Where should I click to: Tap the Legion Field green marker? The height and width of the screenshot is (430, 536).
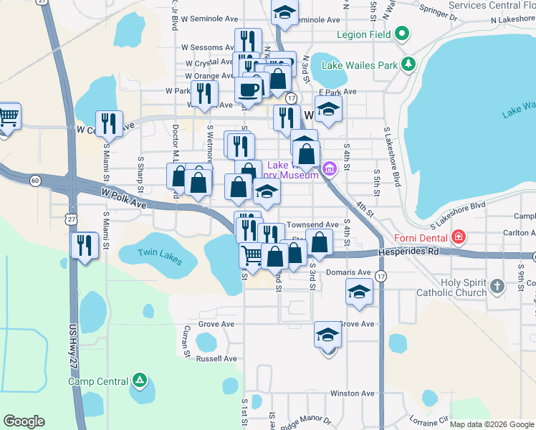coord(403,33)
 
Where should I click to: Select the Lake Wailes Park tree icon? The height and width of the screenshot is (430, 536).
coord(408,65)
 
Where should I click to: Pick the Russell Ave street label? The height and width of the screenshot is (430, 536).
coord(216,358)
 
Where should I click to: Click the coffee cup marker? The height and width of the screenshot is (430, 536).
coord(249,89)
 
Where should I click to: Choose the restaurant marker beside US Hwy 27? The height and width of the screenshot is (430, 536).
coord(85,245)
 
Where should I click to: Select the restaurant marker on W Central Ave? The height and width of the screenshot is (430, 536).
coord(109,123)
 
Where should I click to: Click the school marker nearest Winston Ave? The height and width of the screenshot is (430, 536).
coord(327,335)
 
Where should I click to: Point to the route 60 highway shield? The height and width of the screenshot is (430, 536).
coord(35,180)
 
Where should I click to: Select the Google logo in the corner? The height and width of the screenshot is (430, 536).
coord(24,421)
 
